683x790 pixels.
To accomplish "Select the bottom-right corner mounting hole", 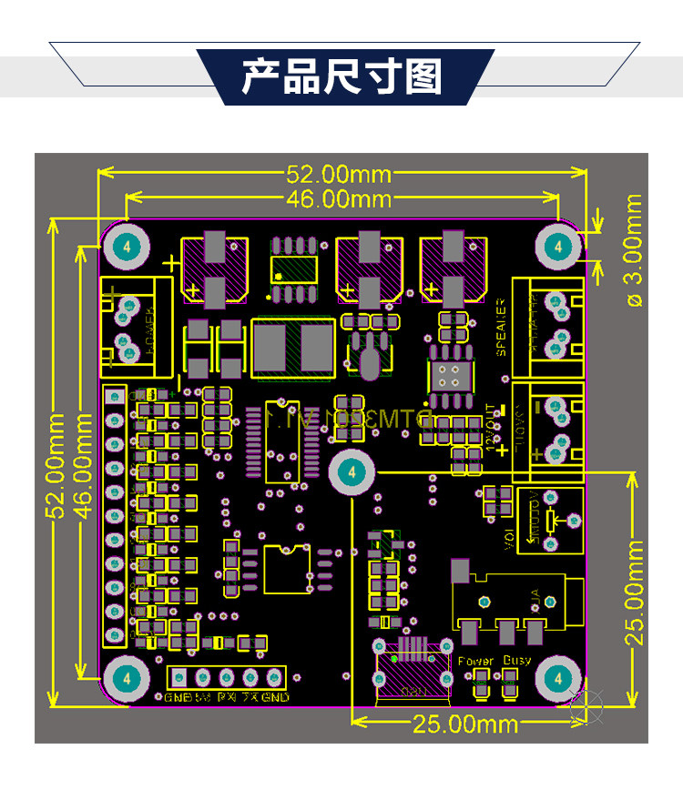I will coord(556,678).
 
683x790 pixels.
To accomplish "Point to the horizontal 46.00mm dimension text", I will coord(339,198).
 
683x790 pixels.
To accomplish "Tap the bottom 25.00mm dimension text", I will coord(465,724).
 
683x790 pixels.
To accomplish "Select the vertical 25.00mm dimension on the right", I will coord(634,592).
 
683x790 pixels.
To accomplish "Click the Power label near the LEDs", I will coord(476,661).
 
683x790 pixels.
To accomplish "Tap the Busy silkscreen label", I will coord(517,661).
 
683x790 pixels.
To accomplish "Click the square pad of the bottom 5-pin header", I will coord(179,677).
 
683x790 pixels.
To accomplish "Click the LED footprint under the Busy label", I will coord(510,684).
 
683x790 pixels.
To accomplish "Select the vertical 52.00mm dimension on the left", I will coord(56,465).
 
